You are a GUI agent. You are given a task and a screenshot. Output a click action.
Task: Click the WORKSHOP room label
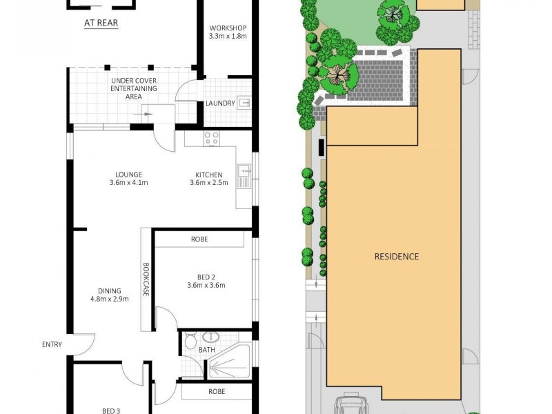click(x=228, y=28)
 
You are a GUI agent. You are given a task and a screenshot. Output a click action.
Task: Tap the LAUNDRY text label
click(x=220, y=103)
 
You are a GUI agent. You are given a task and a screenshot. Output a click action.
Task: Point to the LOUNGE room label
click(x=129, y=175)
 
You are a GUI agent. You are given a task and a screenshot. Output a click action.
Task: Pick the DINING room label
click(x=110, y=290)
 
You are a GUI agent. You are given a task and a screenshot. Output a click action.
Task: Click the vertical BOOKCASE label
click(x=146, y=280)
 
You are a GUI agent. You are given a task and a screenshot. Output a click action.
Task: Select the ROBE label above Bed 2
click(x=199, y=239)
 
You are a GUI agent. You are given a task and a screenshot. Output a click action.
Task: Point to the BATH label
click(x=207, y=350)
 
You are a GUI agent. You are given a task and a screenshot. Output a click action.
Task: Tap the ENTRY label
click(x=52, y=344)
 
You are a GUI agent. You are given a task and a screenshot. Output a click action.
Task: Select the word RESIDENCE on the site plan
click(x=396, y=256)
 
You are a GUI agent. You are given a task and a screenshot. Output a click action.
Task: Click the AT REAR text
click(x=101, y=23)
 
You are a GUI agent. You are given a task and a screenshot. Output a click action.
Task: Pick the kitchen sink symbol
click(x=243, y=177)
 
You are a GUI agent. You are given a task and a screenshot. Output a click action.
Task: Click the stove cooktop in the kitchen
click(x=210, y=139)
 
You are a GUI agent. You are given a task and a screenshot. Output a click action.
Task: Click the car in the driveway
click(x=353, y=405)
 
